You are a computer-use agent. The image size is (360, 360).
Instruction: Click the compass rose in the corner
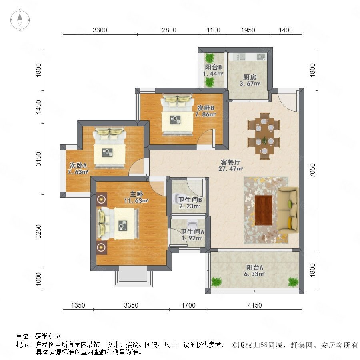(20, 20)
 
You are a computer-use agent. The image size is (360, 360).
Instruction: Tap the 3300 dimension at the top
(100, 30)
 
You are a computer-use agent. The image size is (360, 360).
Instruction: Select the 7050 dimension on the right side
(312, 170)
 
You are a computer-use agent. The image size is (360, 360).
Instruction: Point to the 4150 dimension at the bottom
(255, 305)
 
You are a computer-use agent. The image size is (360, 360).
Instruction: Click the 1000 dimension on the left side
(38, 279)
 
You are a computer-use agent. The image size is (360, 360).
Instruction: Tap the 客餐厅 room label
(230, 162)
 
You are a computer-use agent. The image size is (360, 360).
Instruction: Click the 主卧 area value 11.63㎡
(136, 201)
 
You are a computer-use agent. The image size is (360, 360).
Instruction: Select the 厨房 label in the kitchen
(250, 77)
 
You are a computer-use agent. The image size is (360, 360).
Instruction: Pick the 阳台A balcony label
(255, 268)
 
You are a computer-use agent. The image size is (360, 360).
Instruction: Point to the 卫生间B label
(190, 200)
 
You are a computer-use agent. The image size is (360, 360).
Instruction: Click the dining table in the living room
(264, 136)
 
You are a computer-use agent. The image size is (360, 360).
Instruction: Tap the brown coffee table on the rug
(264, 210)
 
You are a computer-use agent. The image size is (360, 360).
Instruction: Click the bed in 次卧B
(177, 114)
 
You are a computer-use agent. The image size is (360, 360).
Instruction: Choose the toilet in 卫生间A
(192, 224)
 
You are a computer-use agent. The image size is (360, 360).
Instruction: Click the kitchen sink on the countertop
(241, 56)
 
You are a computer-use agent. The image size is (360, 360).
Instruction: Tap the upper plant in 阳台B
(209, 58)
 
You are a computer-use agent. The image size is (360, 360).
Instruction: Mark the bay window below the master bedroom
(133, 276)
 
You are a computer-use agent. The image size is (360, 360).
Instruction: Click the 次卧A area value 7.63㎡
(78, 172)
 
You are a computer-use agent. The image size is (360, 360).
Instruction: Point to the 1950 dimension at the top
(248, 30)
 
